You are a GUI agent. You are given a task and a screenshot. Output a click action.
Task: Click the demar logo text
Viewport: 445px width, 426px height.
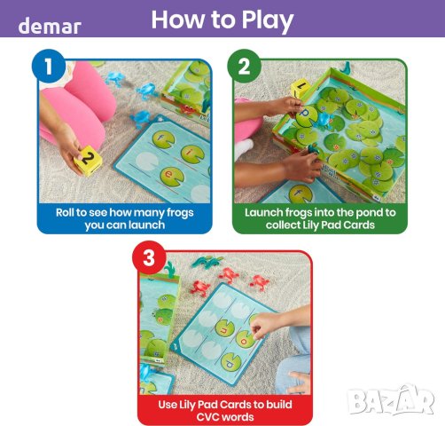50,26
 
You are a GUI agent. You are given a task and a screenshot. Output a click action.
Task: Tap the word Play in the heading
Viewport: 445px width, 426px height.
267,20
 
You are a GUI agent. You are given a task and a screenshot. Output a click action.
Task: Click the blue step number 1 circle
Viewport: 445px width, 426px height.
49,66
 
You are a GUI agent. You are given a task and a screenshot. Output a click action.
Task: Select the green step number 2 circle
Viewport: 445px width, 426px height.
244,66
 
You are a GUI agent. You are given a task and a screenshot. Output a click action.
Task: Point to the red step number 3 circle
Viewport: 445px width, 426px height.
149,257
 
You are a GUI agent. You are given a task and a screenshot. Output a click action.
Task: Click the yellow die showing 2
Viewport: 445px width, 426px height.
88,161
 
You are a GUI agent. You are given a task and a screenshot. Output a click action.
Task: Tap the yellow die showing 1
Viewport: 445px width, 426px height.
301,88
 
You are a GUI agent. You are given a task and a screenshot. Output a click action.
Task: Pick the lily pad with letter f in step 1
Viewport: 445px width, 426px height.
163,139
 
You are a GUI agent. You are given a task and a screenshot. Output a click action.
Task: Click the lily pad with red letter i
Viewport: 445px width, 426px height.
192,154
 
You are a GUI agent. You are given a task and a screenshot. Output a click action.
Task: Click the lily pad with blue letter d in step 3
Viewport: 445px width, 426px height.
231,362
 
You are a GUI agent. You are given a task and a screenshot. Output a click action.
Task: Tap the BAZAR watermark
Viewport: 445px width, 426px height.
391,401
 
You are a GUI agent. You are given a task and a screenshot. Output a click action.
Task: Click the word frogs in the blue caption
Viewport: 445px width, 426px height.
180,213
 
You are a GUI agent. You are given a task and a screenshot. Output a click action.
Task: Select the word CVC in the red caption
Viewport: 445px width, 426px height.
208,417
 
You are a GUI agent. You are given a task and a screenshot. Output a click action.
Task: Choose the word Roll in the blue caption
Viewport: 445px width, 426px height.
65,212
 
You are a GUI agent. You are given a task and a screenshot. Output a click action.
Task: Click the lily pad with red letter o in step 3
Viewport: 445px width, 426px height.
245,339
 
